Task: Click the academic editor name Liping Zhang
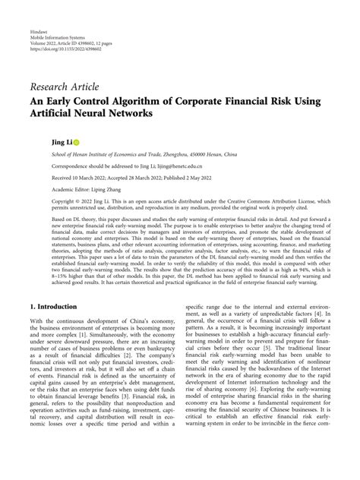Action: coord(104,192)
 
